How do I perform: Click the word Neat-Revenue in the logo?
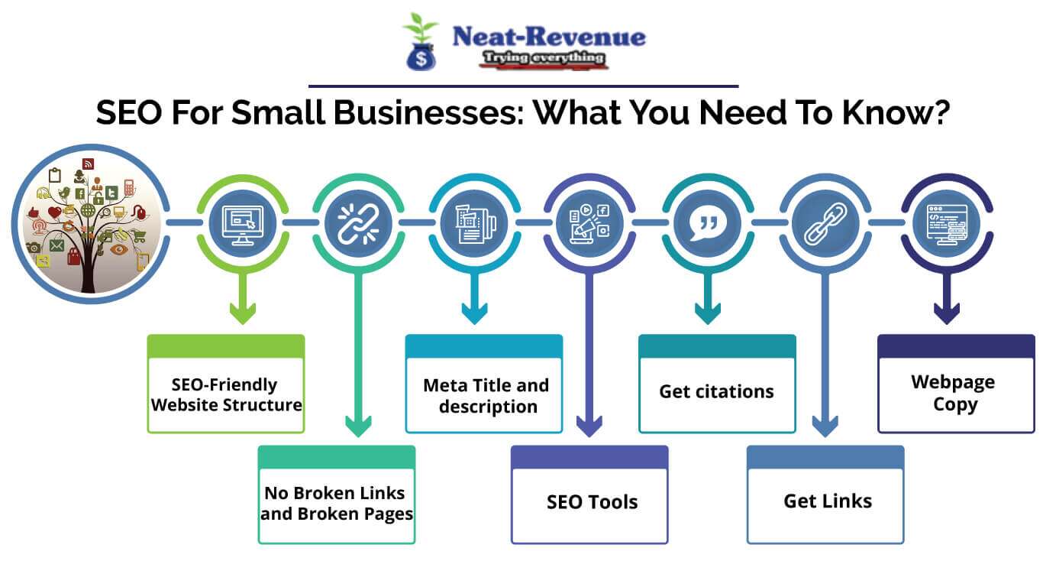click(x=548, y=36)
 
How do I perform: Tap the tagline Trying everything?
click(x=544, y=58)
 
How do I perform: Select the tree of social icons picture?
click(x=88, y=223)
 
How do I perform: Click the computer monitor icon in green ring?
click(x=242, y=223)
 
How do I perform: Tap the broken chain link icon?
click(x=358, y=223)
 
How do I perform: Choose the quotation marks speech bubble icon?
click(x=707, y=223)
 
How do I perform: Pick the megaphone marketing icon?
click(x=589, y=223)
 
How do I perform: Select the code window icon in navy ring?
click(x=947, y=223)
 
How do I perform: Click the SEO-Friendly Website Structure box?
click(x=226, y=394)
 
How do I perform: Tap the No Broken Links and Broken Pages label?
click(x=337, y=503)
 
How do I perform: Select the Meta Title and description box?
click(x=484, y=394)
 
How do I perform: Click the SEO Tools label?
click(x=592, y=502)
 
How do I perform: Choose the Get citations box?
click(x=716, y=391)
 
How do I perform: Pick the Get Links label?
click(x=827, y=501)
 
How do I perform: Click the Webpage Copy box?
click(x=954, y=393)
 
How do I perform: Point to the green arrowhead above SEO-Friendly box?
click(x=243, y=313)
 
